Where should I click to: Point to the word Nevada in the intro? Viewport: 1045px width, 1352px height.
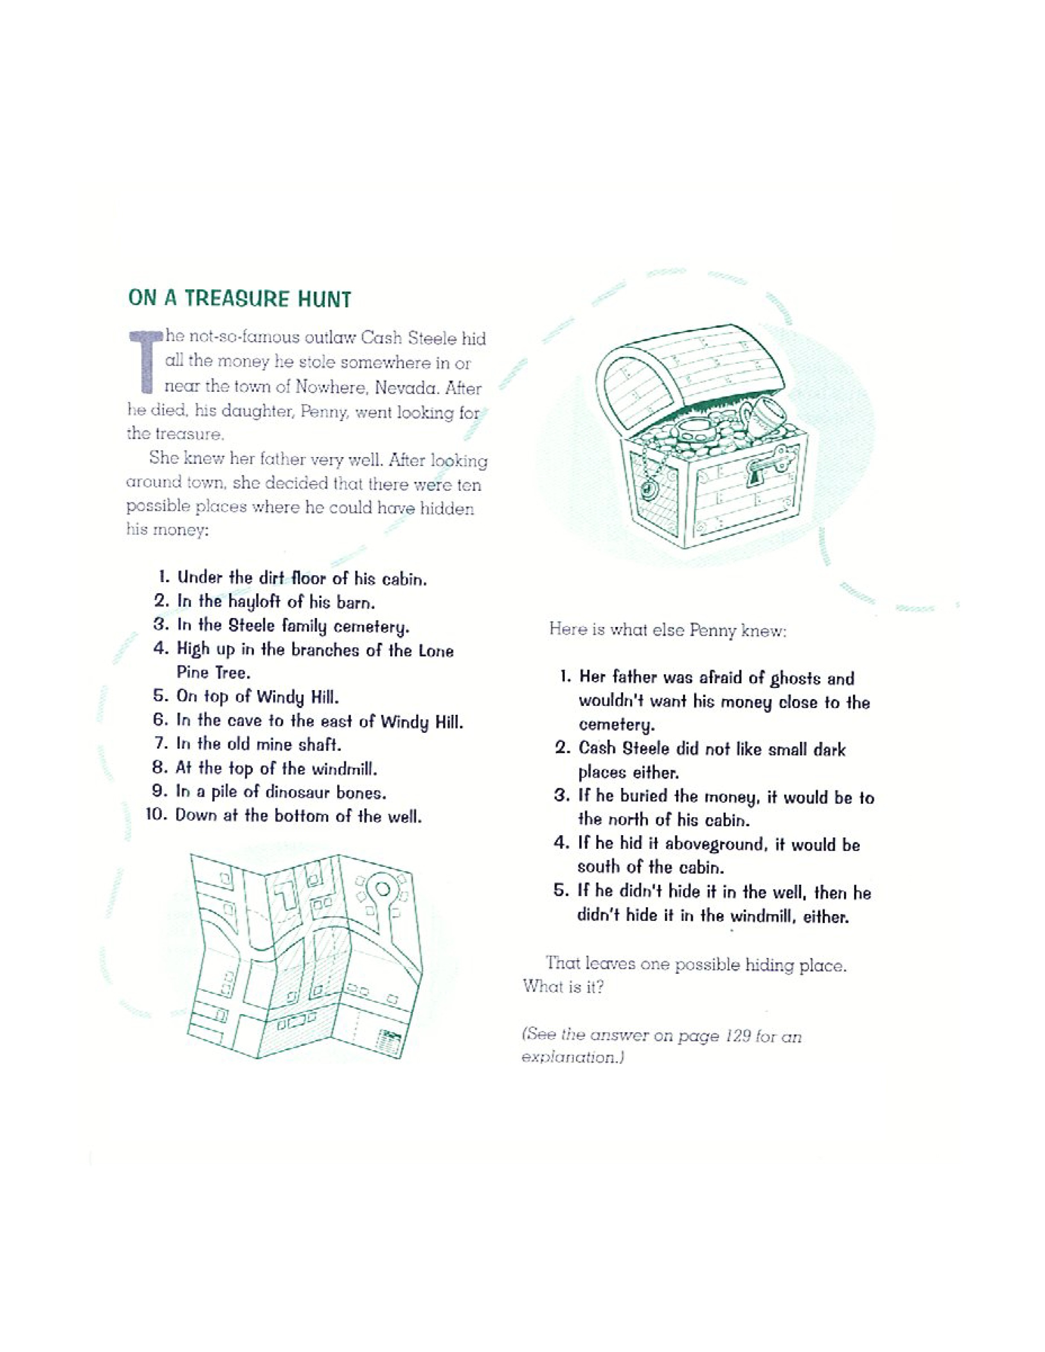[x=400, y=388]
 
